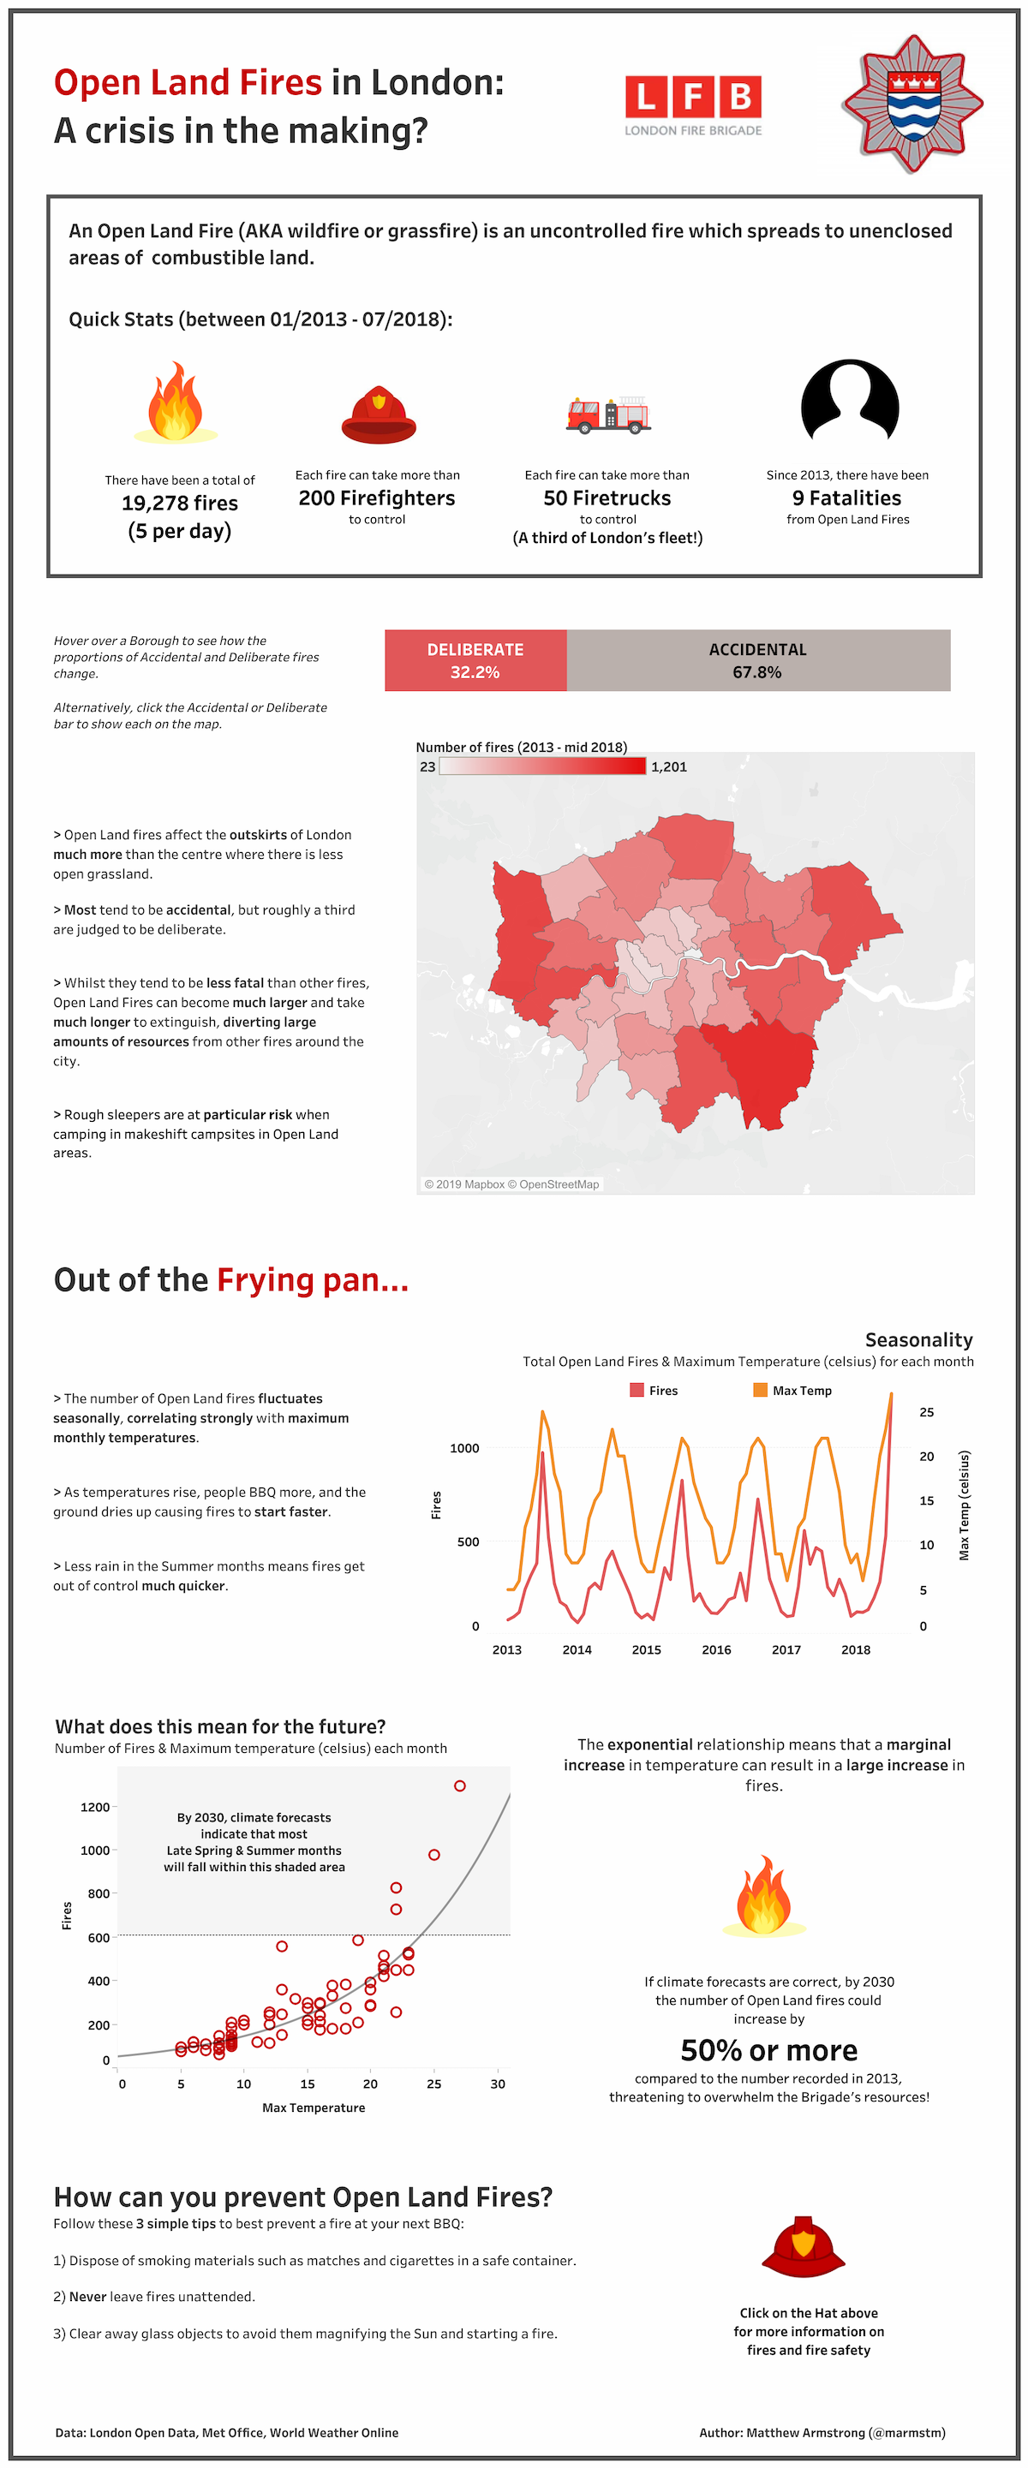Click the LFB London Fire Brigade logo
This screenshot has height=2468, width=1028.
(693, 104)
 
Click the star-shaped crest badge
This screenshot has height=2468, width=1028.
(911, 104)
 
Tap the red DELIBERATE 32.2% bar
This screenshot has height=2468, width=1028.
(475, 660)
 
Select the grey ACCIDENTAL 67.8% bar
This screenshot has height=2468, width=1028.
(757, 660)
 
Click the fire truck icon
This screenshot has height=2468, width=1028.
(607, 414)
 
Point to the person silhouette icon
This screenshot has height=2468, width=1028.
(849, 401)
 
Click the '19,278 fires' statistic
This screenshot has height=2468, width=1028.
(180, 503)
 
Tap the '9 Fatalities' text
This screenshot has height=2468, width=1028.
(847, 498)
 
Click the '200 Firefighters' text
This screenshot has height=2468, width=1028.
(377, 498)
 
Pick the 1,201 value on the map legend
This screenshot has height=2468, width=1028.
(669, 766)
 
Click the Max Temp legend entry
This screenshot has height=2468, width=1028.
(792, 1390)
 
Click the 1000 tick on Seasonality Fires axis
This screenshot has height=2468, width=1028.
(464, 1447)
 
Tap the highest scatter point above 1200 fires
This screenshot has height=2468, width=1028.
(460, 1785)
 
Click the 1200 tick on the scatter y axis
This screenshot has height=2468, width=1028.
(95, 1807)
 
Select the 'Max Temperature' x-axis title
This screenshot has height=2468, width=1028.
(314, 2107)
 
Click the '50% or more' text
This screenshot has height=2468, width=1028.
(768, 2049)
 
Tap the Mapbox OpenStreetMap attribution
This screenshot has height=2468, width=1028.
(511, 1184)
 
